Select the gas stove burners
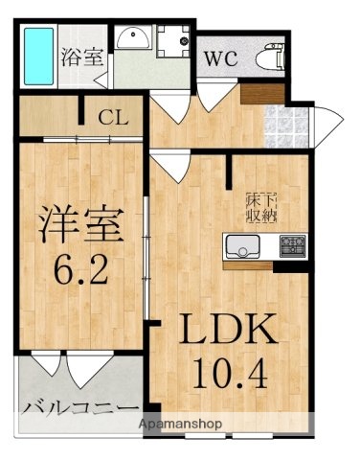point(291,246)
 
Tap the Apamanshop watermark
point(180,423)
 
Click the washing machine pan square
point(173,40)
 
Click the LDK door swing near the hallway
point(173,167)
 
